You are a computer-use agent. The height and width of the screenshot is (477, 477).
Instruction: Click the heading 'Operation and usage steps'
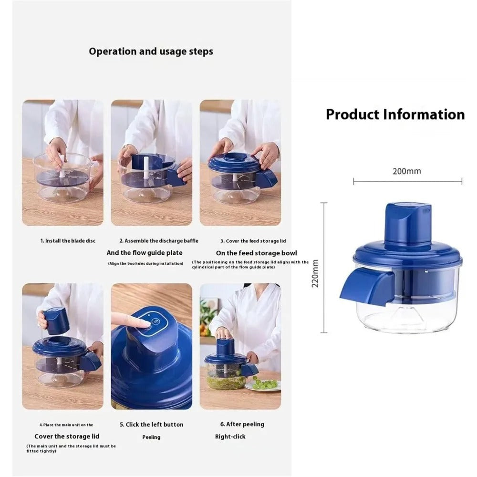pos(151,52)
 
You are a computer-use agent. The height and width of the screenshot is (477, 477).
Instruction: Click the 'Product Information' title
pos(395,114)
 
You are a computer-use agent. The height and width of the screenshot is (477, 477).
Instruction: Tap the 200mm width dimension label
pos(407,171)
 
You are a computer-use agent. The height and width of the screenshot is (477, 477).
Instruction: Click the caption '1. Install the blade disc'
pos(67,241)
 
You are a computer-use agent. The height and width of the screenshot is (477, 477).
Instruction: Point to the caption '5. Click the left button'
pos(151,425)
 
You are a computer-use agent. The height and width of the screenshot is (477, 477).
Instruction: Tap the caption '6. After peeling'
pos(242,424)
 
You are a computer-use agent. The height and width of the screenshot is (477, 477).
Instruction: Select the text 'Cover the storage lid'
pos(67,436)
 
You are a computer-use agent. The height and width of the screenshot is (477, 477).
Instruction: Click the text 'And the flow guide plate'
pos(145,253)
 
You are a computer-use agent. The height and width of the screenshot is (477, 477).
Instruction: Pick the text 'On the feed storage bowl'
pos(249,253)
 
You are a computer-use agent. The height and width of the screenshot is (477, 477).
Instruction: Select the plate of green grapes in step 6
pos(263,384)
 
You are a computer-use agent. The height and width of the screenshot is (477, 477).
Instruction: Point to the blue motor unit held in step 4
pos(56,321)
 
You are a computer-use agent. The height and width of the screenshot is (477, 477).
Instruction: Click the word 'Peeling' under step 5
pos(151,437)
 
